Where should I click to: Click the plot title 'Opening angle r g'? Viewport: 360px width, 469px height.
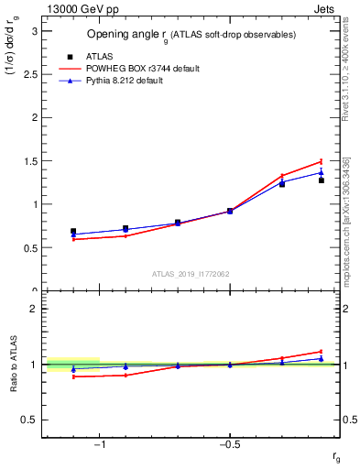190,35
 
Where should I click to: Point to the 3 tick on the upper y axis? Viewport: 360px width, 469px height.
34,31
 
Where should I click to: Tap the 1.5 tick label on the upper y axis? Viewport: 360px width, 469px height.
30,161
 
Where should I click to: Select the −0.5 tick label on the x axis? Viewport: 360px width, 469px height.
229,445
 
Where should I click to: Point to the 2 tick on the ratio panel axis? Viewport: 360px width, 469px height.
34,309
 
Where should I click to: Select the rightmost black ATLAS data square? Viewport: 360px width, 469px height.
322,180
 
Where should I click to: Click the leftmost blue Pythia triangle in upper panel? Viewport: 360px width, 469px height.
73,234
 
